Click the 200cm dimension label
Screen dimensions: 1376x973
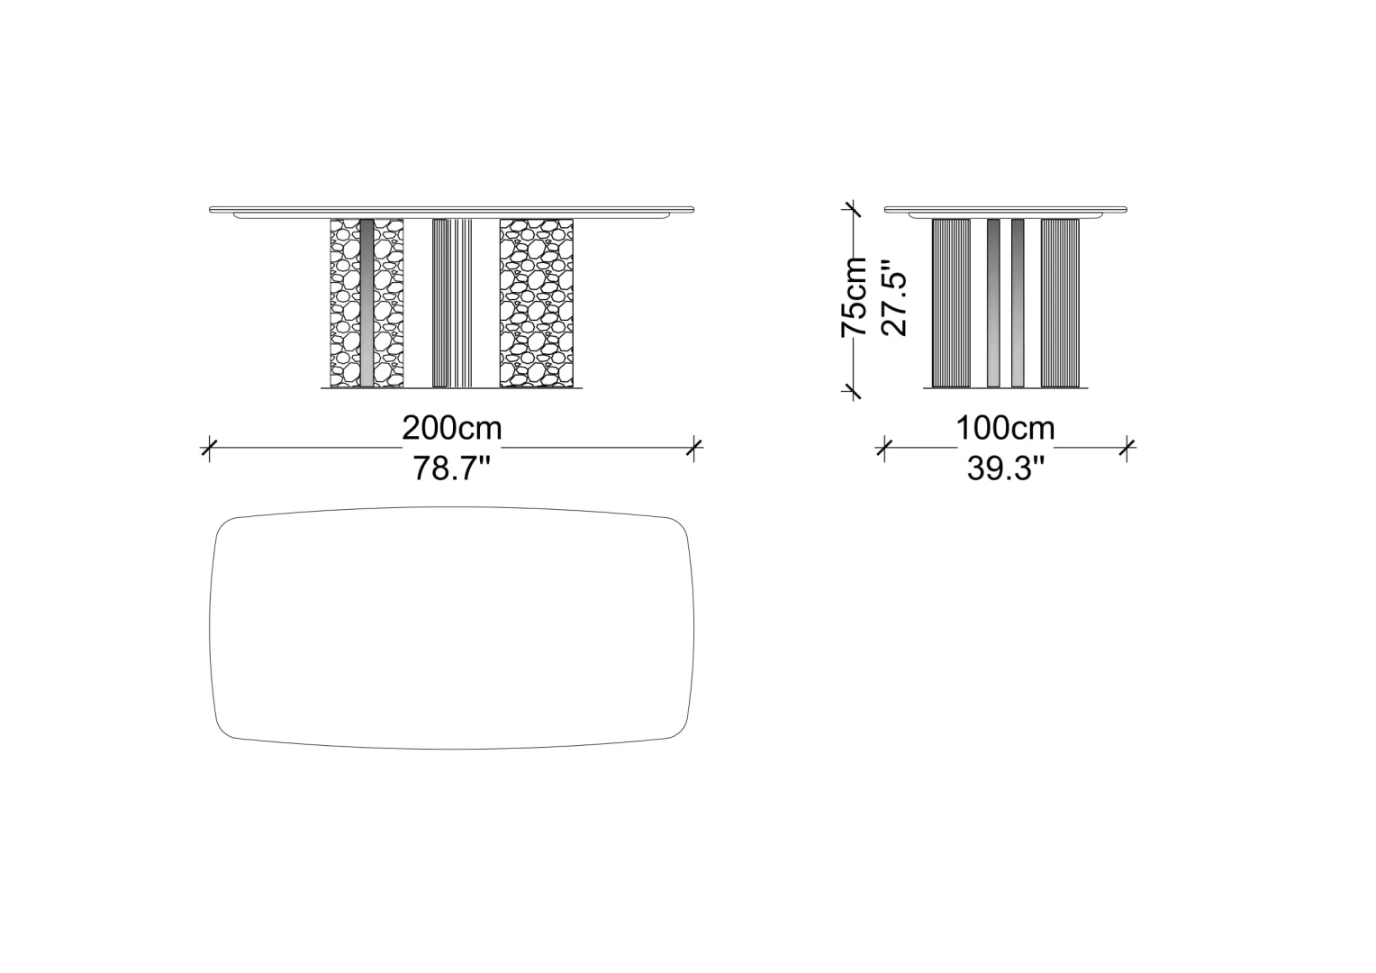(x=451, y=429)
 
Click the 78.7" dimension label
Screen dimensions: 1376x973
(x=451, y=468)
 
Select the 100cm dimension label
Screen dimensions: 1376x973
(x=1005, y=429)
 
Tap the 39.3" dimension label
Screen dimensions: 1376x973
(x=1006, y=468)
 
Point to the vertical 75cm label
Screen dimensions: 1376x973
(x=854, y=297)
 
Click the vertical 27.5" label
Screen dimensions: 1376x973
(x=894, y=298)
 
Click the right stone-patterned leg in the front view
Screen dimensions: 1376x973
(x=537, y=303)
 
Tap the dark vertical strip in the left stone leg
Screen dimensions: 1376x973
(x=367, y=303)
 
